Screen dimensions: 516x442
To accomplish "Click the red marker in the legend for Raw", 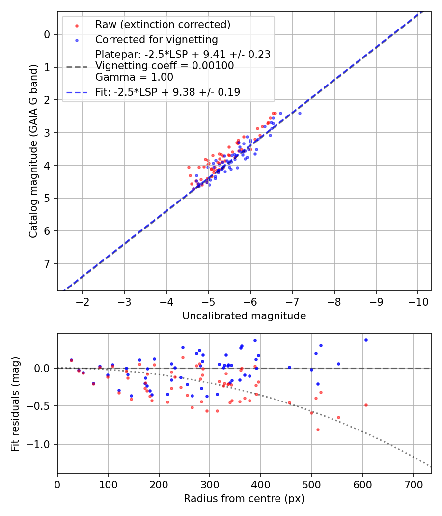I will [77, 25].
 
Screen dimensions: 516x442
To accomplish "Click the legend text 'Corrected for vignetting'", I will [156, 39].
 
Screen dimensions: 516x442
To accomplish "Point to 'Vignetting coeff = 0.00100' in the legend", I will [165, 65].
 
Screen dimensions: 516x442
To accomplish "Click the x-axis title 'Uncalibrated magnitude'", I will [244, 316].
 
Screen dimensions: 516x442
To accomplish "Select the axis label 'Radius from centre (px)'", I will [244, 499].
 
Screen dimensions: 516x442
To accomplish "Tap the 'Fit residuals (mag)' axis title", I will [15, 403].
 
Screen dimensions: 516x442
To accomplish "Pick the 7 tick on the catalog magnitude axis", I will [47, 264].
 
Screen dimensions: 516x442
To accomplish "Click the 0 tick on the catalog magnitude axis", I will [47, 34].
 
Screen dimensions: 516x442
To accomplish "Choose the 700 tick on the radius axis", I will [413, 483].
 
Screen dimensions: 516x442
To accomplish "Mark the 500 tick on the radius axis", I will [311, 483].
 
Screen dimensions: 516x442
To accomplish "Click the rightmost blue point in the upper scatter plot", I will [300, 113].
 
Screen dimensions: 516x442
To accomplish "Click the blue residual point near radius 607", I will [366, 340].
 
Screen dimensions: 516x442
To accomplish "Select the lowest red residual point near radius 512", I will [318, 430].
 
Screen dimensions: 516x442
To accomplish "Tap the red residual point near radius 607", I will [366, 405].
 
